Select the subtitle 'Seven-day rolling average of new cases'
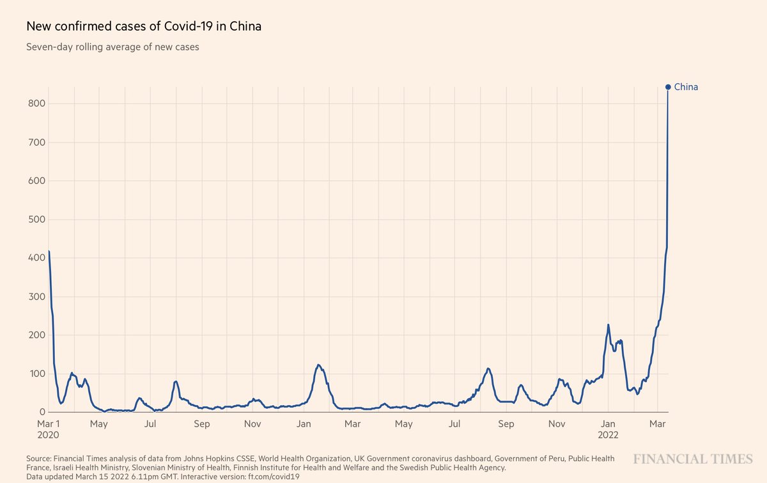pos(112,47)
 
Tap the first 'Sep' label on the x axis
pos(202,424)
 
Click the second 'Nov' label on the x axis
pos(557,424)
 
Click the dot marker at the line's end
pos(668,87)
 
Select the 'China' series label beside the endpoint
pos(686,87)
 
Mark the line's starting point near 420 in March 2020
pos(49,251)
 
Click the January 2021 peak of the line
pos(318,365)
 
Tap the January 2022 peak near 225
pos(608,325)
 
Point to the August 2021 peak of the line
pos(488,369)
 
